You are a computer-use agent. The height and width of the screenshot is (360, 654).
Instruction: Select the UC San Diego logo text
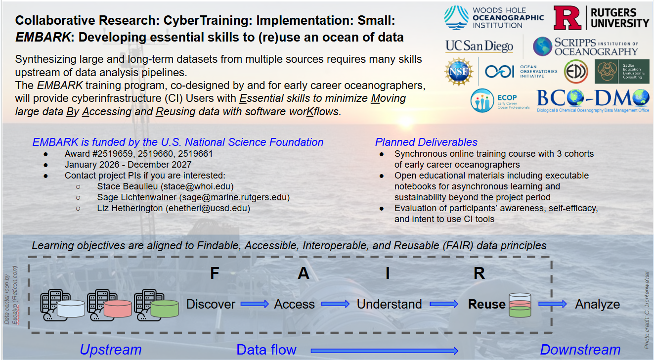click(479, 46)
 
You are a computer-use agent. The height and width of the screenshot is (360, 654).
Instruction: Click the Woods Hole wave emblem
click(455, 18)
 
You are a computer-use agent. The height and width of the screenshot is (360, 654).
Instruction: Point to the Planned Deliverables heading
click(426, 142)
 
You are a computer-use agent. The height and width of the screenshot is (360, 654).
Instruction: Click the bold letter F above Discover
click(214, 273)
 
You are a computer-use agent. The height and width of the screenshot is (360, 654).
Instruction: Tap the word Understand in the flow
click(389, 304)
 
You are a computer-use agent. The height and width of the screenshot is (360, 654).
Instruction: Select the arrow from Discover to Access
click(255, 304)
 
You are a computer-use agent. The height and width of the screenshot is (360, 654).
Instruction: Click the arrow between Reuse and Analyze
click(552, 304)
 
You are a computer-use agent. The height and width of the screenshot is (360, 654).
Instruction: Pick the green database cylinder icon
click(165, 308)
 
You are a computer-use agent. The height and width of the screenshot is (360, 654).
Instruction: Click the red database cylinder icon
click(118, 308)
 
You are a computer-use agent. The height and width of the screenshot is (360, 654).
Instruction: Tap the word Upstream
click(110, 350)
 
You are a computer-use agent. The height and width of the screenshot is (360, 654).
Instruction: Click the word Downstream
click(580, 350)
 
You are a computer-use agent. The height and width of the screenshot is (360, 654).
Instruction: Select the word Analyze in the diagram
click(597, 304)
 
